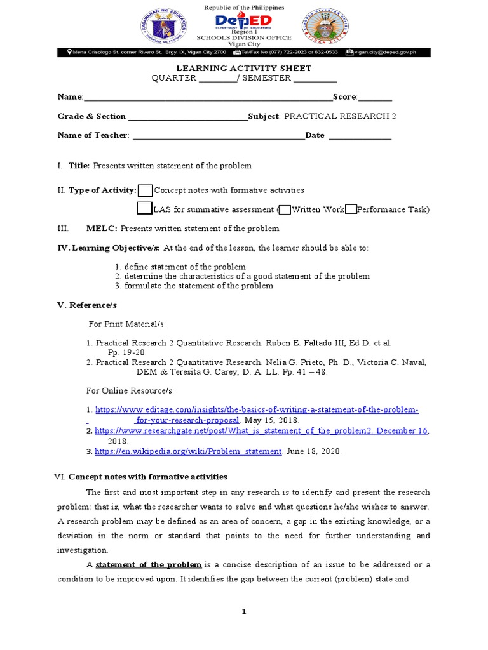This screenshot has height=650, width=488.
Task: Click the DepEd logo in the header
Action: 243,23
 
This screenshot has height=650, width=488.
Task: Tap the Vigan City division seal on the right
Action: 326,29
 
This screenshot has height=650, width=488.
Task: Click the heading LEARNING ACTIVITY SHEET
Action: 243,69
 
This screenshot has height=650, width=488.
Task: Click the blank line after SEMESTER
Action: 315,79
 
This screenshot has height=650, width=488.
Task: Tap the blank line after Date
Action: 360,136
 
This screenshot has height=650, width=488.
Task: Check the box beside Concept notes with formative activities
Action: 145,190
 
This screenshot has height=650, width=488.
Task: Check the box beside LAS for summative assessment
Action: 145,209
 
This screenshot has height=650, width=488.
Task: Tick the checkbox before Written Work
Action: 285,209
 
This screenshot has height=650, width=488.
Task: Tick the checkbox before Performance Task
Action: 351,209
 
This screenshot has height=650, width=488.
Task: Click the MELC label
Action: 102,229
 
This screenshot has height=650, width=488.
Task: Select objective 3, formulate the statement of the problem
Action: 198,286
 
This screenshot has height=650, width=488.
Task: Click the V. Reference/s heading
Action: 87,305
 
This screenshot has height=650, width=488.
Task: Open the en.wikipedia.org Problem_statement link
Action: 188,451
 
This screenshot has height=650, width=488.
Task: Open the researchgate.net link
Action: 261,431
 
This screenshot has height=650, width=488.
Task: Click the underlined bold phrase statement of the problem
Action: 149,565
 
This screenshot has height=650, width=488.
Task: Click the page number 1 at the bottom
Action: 243,611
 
